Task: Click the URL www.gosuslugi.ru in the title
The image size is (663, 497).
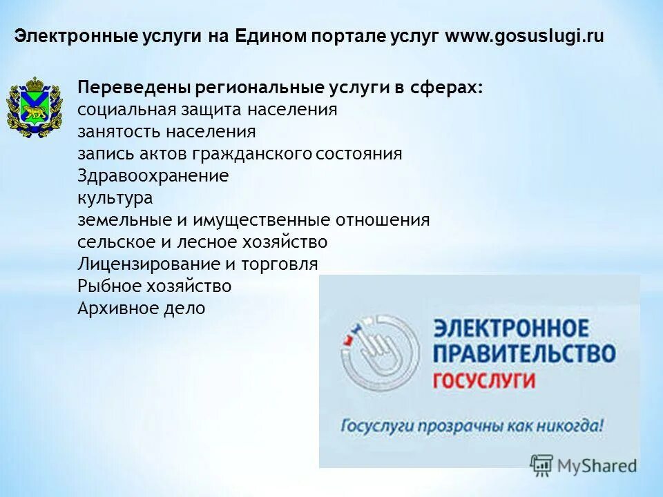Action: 524,37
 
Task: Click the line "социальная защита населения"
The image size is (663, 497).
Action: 207,110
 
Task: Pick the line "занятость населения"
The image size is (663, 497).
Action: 166,132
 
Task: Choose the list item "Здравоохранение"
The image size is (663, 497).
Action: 153,176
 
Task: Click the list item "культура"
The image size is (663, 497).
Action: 115,198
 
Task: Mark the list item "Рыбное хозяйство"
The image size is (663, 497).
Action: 154,286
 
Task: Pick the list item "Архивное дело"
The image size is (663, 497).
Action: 141,309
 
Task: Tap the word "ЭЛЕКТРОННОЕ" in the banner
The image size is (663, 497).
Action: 511,329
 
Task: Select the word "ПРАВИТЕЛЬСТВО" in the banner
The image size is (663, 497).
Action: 523,354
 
